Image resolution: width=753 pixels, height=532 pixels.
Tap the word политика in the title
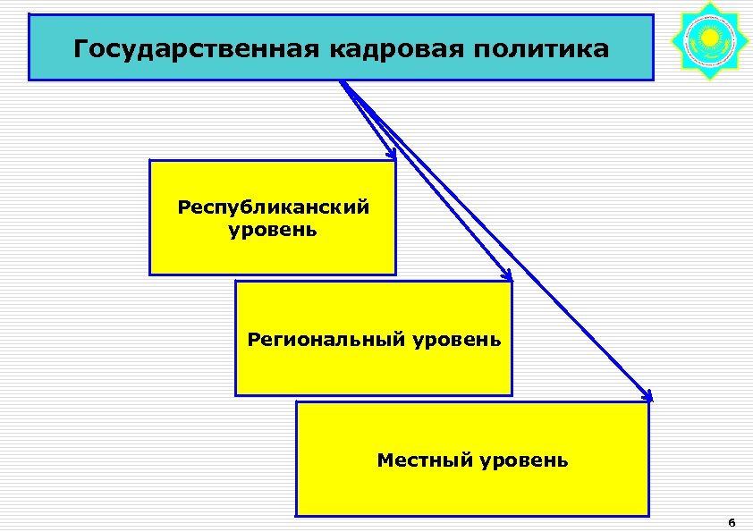point(536,48)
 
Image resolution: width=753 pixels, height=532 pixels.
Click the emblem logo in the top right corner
point(707,39)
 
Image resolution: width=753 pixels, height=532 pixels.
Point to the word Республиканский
point(274,208)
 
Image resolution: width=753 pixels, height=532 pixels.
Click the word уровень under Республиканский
point(273,231)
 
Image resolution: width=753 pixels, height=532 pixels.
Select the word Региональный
point(328,340)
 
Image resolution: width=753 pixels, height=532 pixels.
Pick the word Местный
point(424,461)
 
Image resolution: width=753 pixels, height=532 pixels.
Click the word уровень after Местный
point(523,461)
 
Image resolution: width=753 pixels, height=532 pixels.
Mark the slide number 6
point(732,523)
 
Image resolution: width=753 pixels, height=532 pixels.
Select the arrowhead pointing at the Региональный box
point(507,275)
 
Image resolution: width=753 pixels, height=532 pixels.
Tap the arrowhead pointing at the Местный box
point(648,396)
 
